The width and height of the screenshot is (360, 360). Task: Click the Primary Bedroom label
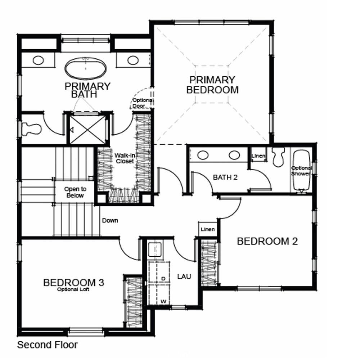pos(212,85)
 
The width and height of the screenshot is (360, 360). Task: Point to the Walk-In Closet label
pos(124,158)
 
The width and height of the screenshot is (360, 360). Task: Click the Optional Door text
pos(142,103)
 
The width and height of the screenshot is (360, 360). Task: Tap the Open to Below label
pos(75,192)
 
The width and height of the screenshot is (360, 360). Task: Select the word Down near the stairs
pos(109,220)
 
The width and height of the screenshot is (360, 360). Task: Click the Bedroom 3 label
pos(73,282)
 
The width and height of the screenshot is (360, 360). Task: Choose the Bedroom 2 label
pos(267,241)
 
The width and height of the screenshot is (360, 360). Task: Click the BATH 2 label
pos(225,177)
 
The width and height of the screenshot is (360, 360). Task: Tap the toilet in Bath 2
pos(278,157)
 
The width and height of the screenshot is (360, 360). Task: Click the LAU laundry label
pos(184,276)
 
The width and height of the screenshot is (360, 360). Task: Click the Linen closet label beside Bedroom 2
pos(208,229)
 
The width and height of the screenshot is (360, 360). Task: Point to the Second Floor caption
pos(47,345)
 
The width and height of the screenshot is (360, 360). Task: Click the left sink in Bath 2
pos(203,155)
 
